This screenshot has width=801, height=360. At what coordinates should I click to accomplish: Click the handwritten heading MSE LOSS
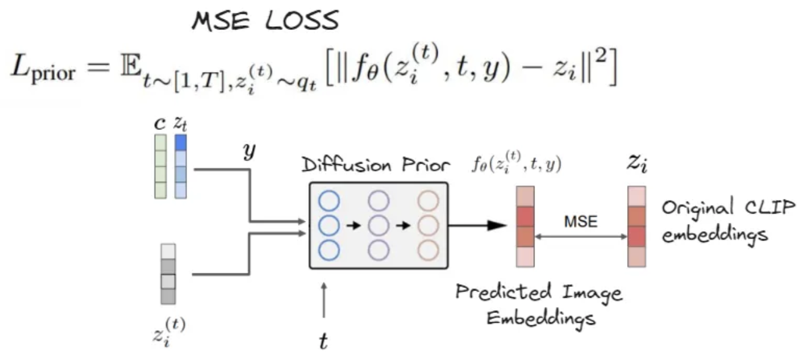[264, 22]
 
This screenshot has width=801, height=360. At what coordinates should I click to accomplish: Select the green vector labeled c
[160, 166]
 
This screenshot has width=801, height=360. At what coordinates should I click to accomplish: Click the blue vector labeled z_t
[181, 166]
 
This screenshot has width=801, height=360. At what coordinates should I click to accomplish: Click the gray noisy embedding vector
[168, 274]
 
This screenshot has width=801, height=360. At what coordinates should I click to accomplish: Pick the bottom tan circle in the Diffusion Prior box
[427, 249]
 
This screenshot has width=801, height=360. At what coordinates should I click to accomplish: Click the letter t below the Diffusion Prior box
[324, 342]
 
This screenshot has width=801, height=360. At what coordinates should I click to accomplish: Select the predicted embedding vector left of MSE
[524, 226]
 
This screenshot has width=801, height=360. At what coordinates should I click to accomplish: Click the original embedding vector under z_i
[637, 226]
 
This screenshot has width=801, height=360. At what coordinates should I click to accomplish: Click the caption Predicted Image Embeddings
[539, 304]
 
